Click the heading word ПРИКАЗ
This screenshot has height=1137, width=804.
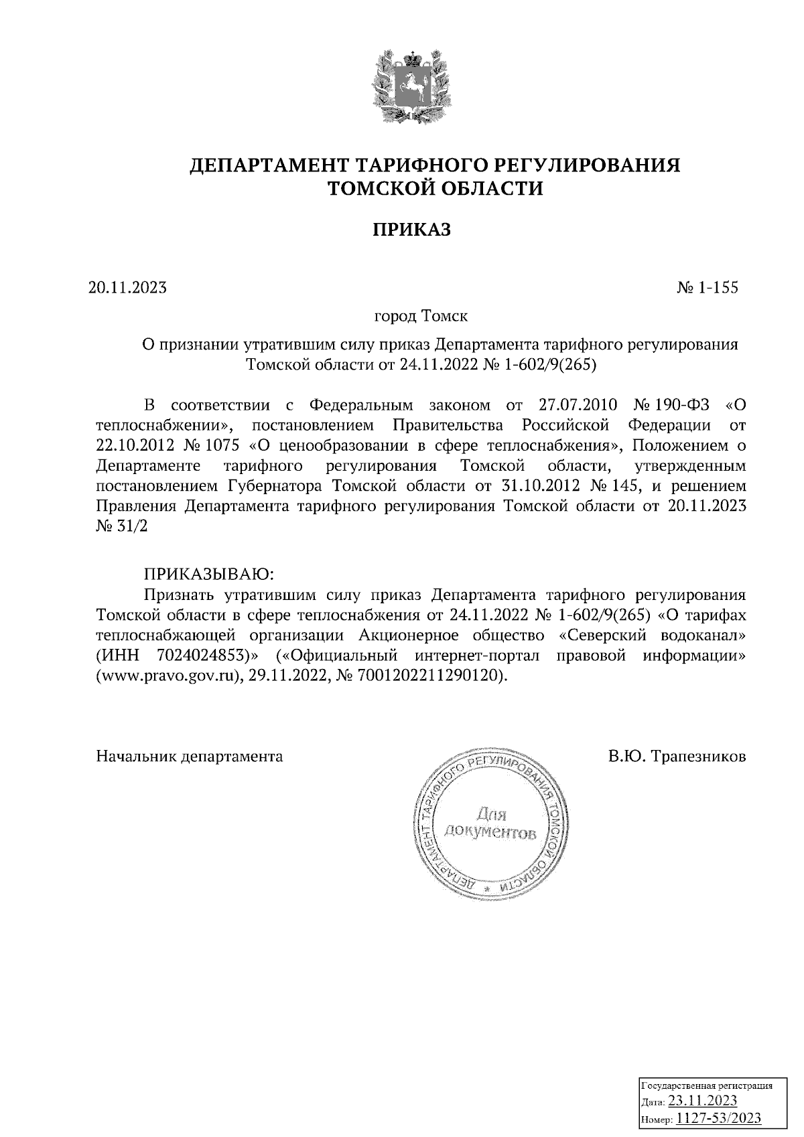pyautogui.click(x=411, y=230)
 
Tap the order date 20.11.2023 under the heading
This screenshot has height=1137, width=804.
pyautogui.click(x=127, y=288)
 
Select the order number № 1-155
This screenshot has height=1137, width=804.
pyautogui.click(x=708, y=288)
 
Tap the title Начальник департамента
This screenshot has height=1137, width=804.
pyautogui.click(x=190, y=757)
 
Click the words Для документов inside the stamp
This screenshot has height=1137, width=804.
pyautogui.click(x=490, y=824)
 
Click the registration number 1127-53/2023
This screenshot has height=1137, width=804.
pyautogui.click(x=719, y=1118)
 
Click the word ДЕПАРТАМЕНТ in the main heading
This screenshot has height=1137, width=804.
pyautogui.click(x=268, y=165)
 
